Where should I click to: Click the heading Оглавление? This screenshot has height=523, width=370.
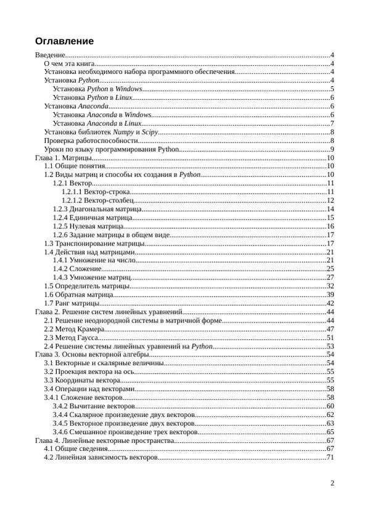(x=64, y=41)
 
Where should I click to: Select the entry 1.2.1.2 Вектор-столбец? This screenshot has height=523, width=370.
(x=96, y=200)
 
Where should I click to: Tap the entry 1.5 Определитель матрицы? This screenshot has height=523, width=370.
(x=86, y=286)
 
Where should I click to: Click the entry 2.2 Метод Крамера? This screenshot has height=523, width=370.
(x=73, y=329)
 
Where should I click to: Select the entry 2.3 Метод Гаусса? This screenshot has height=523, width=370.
(x=71, y=337)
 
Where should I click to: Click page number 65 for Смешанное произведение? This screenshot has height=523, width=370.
(x=330, y=432)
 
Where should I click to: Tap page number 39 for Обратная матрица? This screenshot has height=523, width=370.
(x=330, y=295)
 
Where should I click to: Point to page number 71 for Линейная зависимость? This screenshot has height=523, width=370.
(x=330, y=457)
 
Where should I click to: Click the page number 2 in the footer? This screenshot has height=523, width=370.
(x=332, y=483)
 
